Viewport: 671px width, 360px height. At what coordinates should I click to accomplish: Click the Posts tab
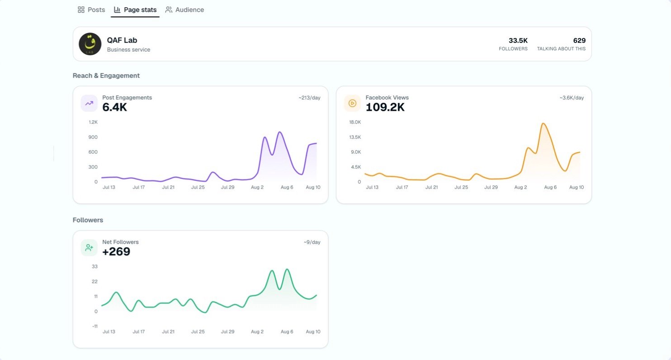pyautogui.click(x=91, y=10)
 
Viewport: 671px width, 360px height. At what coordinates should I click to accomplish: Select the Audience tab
pyautogui.click(x=184, y=10)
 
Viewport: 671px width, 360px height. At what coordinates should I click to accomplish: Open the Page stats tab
pyautogui.click(x=135, y=10)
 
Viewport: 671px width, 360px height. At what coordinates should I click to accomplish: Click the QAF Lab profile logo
pyautogui.click(x=90, y=44)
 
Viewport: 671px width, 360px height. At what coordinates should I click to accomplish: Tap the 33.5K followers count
pyautogui.click(x=518, y=40)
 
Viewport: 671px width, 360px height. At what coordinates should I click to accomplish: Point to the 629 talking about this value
pyautogui.click(x=579, y=40)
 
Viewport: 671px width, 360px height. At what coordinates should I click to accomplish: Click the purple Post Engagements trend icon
pyautogui.click(x=89, y=103)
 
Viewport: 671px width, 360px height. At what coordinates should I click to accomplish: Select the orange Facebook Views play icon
pyautogui.click(x=352, y=103)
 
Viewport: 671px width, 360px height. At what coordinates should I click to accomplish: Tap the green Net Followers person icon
pyautogui.click(x=89, y=248)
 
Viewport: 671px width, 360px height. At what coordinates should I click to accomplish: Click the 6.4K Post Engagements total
pyautogui.click(x=114, y=107)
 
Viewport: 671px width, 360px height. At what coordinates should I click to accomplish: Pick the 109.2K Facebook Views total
pyautogui.click(x=385, y=107)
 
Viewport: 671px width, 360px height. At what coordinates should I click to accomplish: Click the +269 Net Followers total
pyautogui.click(x=116, y=251)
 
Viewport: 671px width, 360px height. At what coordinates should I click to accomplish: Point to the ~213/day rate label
pyautogui.click(x=309, y=98)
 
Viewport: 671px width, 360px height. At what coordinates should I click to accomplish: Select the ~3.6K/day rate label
pyautogui.click(x=572, y=98)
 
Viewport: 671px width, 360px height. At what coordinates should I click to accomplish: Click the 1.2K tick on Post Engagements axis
pyautogui.click(x=93, y=122)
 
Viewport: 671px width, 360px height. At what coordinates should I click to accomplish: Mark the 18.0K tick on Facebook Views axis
pyautogui.click(x=355, y=122)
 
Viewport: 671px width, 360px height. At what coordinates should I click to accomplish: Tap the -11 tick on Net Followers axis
pyautogui.click(x=95, y=326)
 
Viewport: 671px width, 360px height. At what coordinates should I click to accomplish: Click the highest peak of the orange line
pyautogui.click(x=543, y=123)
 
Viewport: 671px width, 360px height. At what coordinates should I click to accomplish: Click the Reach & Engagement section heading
pyautogui.click(x=106, y=76)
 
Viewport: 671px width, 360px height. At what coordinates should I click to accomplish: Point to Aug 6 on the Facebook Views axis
pyautogui.click(x=550, y=187)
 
